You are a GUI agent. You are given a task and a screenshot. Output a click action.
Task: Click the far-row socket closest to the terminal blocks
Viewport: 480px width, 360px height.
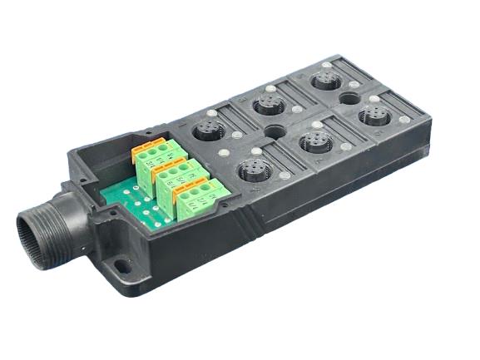click(x=206, y=131)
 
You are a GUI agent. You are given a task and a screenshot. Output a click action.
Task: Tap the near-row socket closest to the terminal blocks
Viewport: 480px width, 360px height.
click(x=252, y=172)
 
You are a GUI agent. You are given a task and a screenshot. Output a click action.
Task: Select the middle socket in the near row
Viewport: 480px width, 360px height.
click(x=315, y=141)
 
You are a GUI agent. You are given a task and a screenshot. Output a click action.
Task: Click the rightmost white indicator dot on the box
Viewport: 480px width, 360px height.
click(x=405, y=120)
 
